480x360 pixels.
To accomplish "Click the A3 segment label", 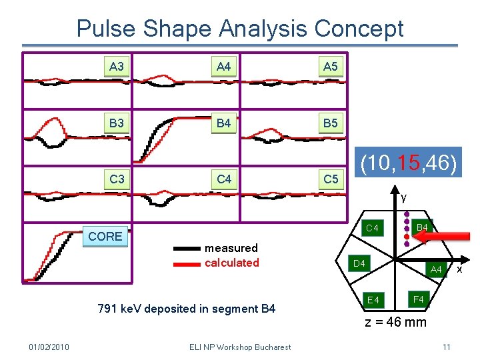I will pyautogui.click(x=117, y=66).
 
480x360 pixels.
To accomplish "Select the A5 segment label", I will pyautogui.click(x=330, y=66).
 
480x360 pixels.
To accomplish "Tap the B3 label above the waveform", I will pyautogui.click(x=117, y=123).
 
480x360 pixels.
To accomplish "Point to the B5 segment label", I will pyautogui.click(x=330, y=123).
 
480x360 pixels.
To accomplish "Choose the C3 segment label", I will pyautogui.click(x=117, y=179).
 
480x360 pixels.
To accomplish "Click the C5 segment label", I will pyautogui.click(x=330, y=179).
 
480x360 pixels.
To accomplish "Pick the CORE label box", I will pyautogui.click(x=105, y=236).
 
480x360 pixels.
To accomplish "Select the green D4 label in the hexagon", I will pyautogui.click(x=359, y=264).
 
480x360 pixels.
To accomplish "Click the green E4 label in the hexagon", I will pyautogui.click(x=373, y=300).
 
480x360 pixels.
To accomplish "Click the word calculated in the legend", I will pyautogui.click(x=231, y=263).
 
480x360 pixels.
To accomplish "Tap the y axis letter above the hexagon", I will pyautogui.click(x=403, y=197).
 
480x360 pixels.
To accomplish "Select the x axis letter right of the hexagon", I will pyautogui.click(x=459, y=269).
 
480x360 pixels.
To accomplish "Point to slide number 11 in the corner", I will pyautogui.click(x=446, y=347).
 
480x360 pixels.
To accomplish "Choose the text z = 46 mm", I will pyautogui.click(x=395, y=323).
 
